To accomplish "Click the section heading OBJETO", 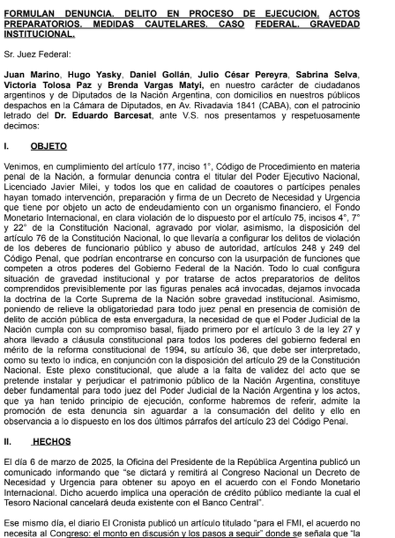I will pos(48,146).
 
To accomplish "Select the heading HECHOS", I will pos(51,442).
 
